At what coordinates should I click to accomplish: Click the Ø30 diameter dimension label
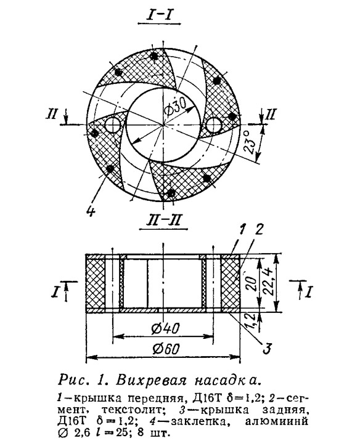(176, 109)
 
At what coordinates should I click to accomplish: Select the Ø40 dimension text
(165, 328)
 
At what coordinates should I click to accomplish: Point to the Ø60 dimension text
(166, 349)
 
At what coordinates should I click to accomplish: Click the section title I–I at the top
(159, 15)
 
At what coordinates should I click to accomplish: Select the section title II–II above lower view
(163, 221)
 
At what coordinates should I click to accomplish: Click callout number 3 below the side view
(267, 349)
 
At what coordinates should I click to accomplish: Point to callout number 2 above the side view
(259, 230)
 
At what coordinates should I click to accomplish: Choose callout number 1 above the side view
(242, 230)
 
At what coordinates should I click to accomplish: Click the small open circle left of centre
(113, 125)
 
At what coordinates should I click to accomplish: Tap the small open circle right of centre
(214, 126)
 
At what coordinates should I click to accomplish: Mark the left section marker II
(52, 114)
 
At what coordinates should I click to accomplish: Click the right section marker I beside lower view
(308, 291)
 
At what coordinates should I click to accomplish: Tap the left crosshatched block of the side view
(96, 283)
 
